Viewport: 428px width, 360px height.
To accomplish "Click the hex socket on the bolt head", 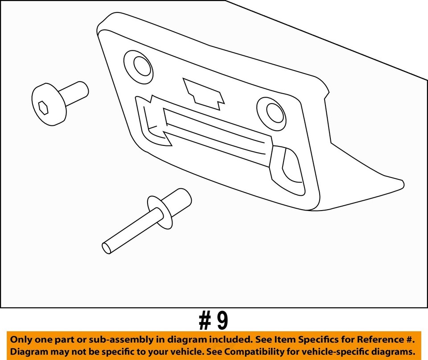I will pyautogui.click(x=43, y=107).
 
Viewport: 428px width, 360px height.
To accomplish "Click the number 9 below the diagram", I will pyautogui.click(x=222, y=320).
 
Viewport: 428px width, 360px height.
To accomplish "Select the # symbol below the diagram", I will pyautogui.click(x=205, y=320).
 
